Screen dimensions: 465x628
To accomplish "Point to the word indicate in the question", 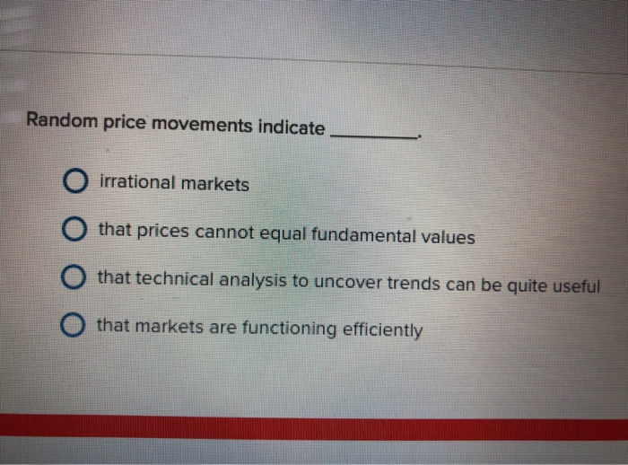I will [292, 127].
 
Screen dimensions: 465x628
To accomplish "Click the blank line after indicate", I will [374, 136].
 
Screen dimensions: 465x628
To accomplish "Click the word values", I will [446, 238].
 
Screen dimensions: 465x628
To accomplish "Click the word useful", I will [573, 286].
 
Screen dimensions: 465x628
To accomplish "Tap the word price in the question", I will [123, 123].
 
